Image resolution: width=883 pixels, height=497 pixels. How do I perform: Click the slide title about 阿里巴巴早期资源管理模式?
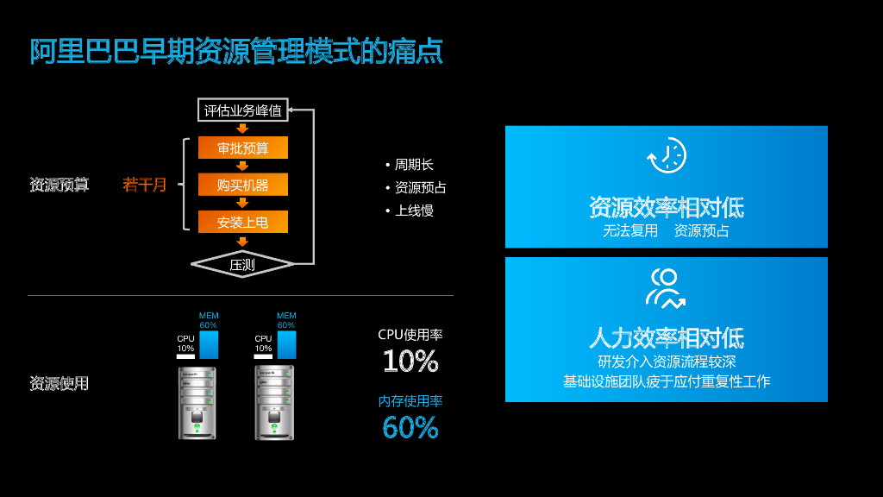pos(237,51)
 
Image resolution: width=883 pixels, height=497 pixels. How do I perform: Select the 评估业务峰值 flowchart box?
pos(243,110)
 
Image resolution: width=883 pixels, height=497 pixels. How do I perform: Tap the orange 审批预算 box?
pos(243,148)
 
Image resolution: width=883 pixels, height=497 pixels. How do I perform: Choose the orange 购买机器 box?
pos(243,185)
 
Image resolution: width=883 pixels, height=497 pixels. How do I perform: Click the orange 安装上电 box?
pos(243,222)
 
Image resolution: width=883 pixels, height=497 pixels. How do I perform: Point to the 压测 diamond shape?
pos(242,264)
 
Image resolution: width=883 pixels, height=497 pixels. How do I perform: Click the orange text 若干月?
pos(145,185)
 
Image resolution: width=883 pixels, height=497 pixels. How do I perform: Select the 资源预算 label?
pos(59,185)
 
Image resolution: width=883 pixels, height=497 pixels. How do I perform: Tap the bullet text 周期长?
pos(414,165)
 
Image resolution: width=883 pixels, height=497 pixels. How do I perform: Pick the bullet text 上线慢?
pos(414,210)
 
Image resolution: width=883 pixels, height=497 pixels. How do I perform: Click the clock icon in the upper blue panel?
pos(667,156)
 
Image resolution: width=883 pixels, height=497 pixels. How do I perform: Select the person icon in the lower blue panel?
pos(667,288)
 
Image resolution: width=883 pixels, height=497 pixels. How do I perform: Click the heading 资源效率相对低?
pos(667,207)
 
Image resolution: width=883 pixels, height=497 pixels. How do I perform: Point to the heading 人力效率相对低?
pos(667,337)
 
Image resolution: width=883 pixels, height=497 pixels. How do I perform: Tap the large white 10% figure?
pos(410,361)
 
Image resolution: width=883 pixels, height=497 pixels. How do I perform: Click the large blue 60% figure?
pos(410,427)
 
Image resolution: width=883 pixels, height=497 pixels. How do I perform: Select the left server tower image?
pos(197,402)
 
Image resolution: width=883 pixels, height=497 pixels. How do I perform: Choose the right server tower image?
pos(274,402)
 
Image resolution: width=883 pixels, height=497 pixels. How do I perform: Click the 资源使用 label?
pos(59,383)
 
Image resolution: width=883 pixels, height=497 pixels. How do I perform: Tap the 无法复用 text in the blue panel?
pos(629,230)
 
